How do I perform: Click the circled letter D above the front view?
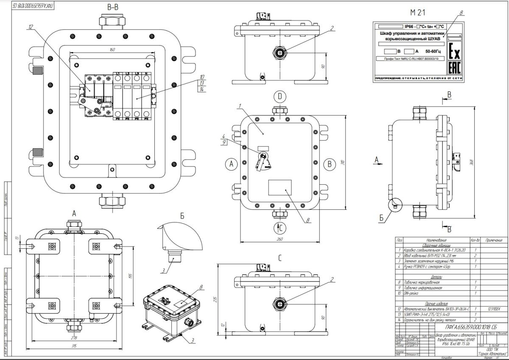280,96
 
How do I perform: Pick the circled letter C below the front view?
280,228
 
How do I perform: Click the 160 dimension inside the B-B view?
112,50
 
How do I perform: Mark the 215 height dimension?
215,299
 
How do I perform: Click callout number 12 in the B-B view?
31,27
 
